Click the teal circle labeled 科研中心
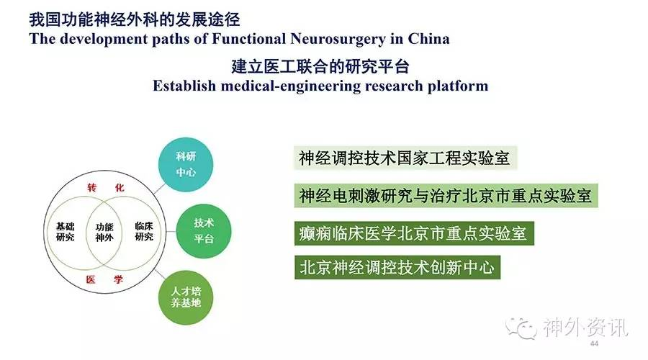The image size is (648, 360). point(186,164)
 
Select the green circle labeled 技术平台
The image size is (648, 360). point(204,231)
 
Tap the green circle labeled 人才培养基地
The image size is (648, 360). point(186,297)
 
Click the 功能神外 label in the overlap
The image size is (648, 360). point(104,233)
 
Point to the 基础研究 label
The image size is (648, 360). point(66,232)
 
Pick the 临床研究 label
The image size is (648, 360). point(144,231)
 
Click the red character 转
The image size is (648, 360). point(91,188)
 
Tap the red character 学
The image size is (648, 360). point(119,279)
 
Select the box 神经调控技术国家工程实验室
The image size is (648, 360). point(405,158)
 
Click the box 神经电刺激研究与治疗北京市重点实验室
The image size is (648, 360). point(446,196)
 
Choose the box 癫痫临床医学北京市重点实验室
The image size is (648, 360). point(414,233)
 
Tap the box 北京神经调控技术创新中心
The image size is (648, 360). point(397,267)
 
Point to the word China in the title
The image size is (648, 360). point(428,39)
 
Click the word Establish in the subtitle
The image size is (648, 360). point(184,86)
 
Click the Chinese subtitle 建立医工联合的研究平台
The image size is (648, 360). point(320,66)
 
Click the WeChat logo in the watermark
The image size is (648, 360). point(521,328)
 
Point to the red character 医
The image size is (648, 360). point(91,280)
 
